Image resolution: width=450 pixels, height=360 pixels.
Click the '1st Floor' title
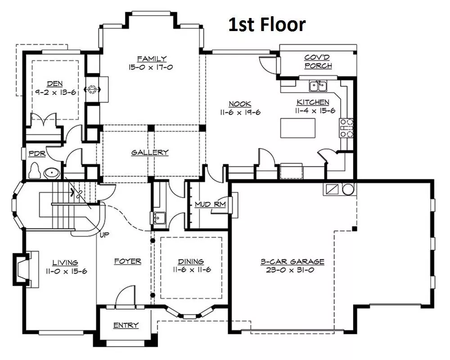267,24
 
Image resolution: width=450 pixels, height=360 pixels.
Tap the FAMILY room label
152,59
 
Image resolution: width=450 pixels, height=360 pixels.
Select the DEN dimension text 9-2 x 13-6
55,92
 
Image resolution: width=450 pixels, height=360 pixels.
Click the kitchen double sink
318,86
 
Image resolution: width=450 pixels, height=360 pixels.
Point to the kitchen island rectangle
297,128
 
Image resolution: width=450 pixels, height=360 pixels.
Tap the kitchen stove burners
346,128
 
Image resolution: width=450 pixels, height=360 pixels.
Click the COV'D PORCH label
318,62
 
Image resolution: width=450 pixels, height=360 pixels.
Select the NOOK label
240,104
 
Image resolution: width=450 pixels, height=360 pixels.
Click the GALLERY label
150,153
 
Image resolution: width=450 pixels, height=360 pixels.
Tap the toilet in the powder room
34,171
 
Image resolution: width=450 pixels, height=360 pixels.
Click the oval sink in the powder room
52,173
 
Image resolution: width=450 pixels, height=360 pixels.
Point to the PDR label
37,154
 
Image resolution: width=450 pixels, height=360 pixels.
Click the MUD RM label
210,204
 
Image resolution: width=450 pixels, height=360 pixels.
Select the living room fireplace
23,269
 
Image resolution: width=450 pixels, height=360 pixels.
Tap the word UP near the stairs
104,235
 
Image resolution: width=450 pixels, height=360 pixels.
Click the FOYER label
128,261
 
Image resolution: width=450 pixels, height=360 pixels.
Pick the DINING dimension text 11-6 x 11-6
192,270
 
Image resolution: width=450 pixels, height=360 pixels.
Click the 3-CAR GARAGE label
292,261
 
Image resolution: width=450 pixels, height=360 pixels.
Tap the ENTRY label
126,325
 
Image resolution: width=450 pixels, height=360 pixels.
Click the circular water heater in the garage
348,189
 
